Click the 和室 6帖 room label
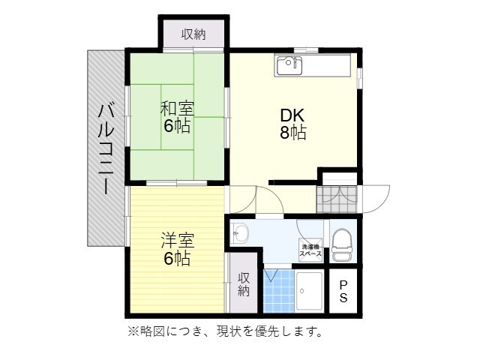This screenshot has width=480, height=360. pyautogui.click(x=177, y=117)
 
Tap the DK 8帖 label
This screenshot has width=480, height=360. pyautogui.click(x=293, y=124)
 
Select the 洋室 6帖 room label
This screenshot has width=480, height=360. pyautogui.click(x=178, y=249)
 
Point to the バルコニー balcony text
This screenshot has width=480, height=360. pyautogui.click(x=106, y=149)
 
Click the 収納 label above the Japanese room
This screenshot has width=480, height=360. pyautogui.click(x=193, y=34)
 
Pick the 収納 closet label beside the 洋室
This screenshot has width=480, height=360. pyautogui.click(x=244, y=284)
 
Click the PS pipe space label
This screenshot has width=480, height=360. pyautogui.click(x=343, y=291)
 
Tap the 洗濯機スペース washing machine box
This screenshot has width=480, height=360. pyautogui.click(x=310, y=250)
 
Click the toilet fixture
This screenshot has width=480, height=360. pyautogui.click(x=343, y=245)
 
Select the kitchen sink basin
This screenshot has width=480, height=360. pyautogui.click(x=289, y=66)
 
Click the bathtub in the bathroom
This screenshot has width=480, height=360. pyautogui.click(x=310, y=292)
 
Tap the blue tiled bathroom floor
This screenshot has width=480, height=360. pyautogui.click(x=278, y=291)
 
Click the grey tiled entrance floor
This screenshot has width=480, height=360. pyautogui.click(x=337, y=199)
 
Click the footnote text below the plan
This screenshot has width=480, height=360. pyautogui.click(x=225, y=331)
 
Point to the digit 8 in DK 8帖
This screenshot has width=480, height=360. pyautogui.click(x=284, y=132)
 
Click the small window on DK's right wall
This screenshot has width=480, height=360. pyautogui.click(x=360, y=78)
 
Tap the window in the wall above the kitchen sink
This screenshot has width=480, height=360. pyautogui.click(x=306, y=50)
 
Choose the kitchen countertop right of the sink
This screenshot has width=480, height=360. pyautogui.click(x=327, y=65)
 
